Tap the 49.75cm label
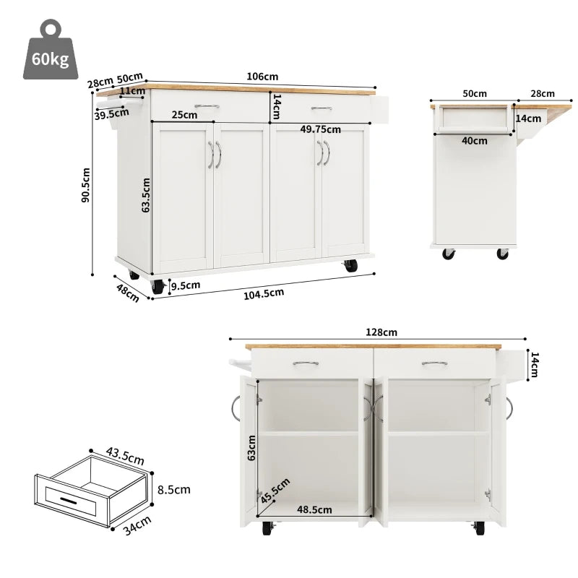pos(321,129)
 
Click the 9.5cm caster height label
pos(186,285)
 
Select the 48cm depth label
pos(128,293)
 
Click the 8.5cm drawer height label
pos(174,489)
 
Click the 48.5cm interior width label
pos(314,509)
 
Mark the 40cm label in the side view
pos(475,141)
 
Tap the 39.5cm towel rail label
pos(111,114)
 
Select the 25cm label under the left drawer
pos(184,115)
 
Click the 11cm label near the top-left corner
pos(131,91)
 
